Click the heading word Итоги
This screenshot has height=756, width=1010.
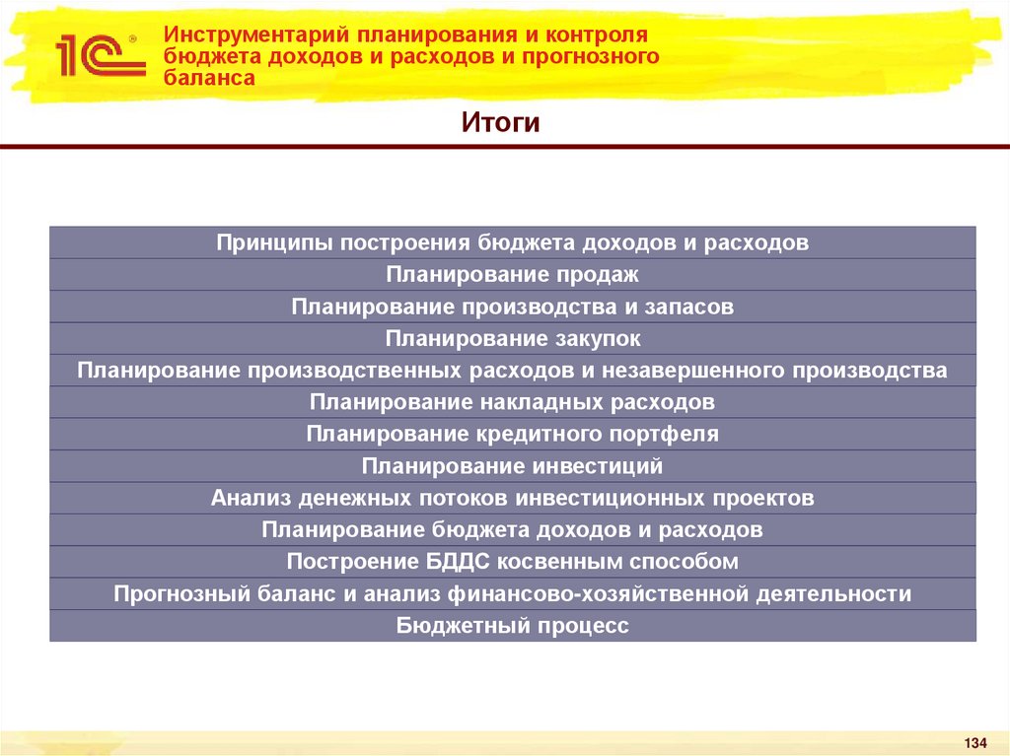pyautogui.click(x=501, y=124)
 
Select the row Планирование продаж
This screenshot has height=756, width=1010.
pyautogui.click(x=513, y=274)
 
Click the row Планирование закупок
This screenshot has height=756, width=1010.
pyautogui.click(x=513, y=338)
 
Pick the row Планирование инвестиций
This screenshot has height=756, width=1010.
pyautogui.click(x=513, y=466)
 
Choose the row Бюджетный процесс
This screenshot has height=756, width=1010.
pyautogui.click(x=513, y=626)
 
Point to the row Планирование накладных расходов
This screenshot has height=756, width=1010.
pyautogui.click(x=513, y=402)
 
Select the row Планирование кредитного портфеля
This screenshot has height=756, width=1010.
pyautogui.click(x=513, y=434)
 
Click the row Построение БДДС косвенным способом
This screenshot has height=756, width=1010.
pyautogui.click(x=513, y=562)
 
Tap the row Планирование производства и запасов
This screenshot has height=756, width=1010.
pyautogui.click(x=513, y=307)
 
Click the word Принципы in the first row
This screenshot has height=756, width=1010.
pyautogui.click(x=274, y=242)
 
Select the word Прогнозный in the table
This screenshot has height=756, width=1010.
pyautogui.click(x=169, y=593)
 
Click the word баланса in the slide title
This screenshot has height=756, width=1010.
pyautogui.click(x=209, y=78)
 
